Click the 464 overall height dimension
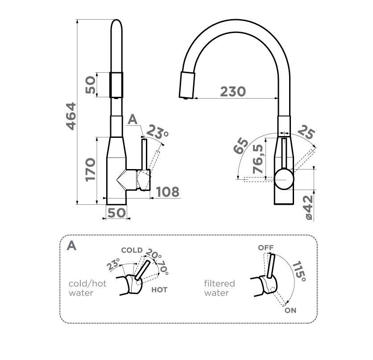pos(71,116)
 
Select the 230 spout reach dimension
pos(233,91)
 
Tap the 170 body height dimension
pos(91,170)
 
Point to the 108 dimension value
pos(167,192)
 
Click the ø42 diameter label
pos(309,207)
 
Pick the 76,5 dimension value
pos(258,159)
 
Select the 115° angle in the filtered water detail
pos(298,272)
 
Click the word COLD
pos(132,250)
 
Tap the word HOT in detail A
pos(159,290)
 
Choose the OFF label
pos(266,248)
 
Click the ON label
pos(290,310)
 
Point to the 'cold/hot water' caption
pos(87,288)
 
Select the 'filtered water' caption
pos(220,288)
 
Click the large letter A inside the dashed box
pos(71,246)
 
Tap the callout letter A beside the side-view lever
pos(133,120)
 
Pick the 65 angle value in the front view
pos(241,146)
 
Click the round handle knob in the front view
pos(284,179)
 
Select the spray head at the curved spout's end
pos(187,85)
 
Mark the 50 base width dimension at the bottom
pos(116,213)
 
